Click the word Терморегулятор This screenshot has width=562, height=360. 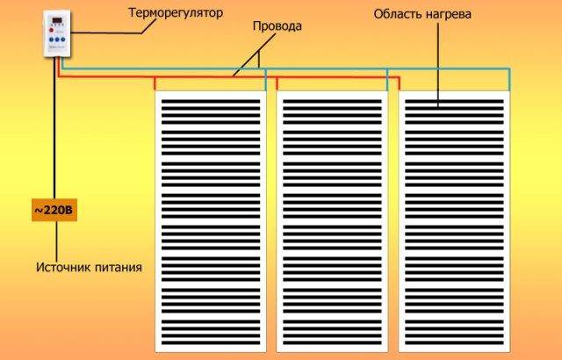pos(176,13)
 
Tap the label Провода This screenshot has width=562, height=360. pos(277,26)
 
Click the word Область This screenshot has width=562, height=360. pos(398,14)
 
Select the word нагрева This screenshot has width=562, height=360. pos(449,15)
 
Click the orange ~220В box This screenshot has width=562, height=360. pos(54,210)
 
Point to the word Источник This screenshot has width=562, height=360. pos(59,267)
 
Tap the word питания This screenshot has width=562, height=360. pos(114,268)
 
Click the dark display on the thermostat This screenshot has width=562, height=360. pos(57,20)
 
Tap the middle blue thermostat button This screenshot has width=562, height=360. pos(57,40)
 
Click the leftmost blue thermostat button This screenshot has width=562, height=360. pos(51,40)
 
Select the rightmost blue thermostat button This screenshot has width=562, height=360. pos(63,40)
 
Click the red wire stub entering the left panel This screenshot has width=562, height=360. pos(155,83)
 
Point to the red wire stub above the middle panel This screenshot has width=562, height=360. pos(277,83)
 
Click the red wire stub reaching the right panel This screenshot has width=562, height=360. pos(399,83)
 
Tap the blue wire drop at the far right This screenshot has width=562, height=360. pos(509,80)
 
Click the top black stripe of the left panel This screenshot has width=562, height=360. pos(211,102)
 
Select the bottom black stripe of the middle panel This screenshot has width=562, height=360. pos(332,342)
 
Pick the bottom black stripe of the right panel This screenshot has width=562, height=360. pos(454,342)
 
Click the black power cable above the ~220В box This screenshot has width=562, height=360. pos(54,128)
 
